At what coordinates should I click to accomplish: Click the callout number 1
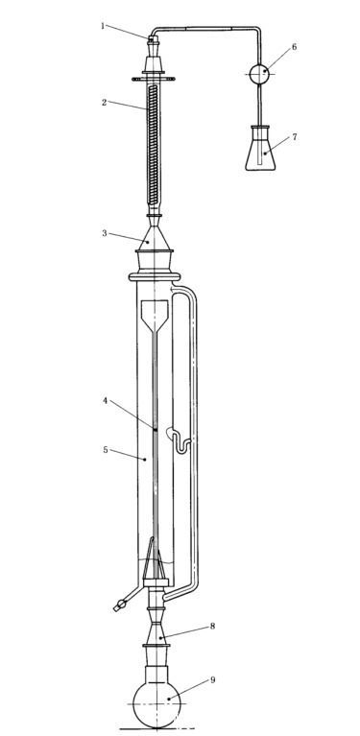pyautogui.click(x=103, y=26)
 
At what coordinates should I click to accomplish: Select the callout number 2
pyautogui.click(x=105, y=103)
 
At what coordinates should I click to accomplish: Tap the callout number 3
pyautogui.click(x=105, y=233)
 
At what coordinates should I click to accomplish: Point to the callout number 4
pyautogui.click(x=106, y=401)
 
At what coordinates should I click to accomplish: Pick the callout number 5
pyautogui.click(x=106, y=450)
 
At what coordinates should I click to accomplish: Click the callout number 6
pyautogui.click(x=294, y=47)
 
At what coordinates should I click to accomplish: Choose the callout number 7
pyautogui.click(x=295, y=136)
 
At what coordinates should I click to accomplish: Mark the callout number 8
pyautogui.click(x=212, y=627)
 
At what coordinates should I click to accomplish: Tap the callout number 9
pyautogui.click(x=212, y=680)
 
